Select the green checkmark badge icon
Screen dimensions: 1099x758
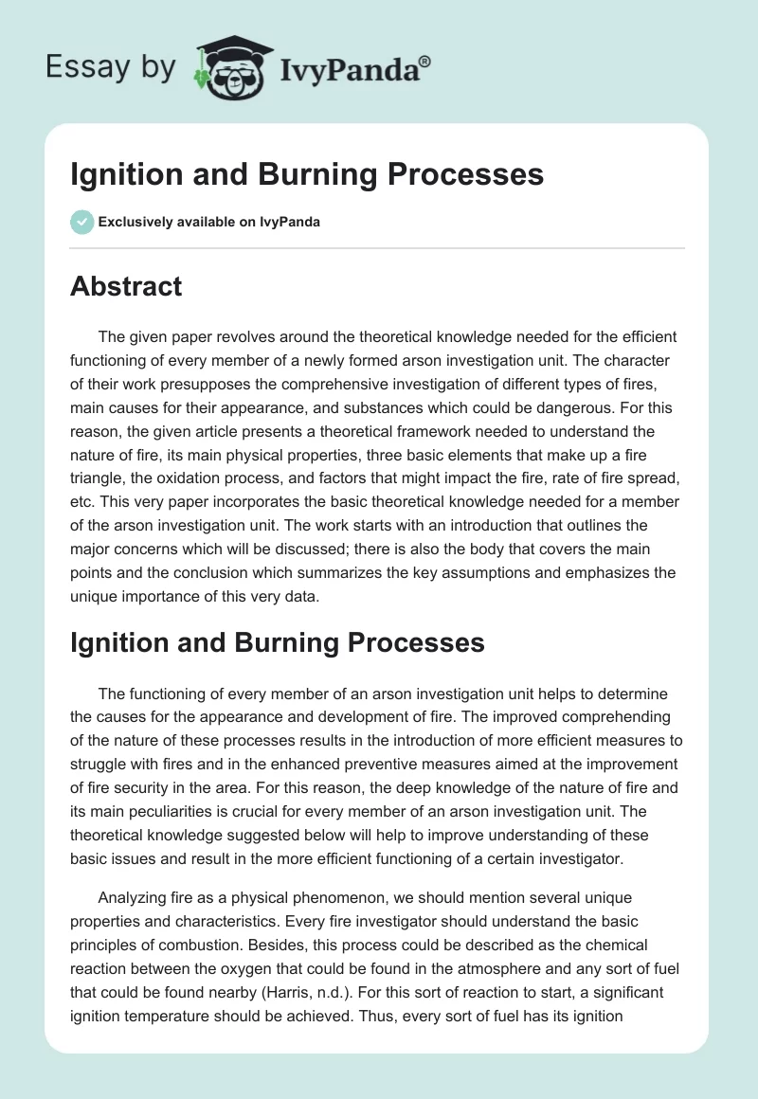[x=81, y=222]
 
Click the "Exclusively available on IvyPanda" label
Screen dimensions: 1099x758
[x=208, y=222]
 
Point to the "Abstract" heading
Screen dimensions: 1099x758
[x=126, y=286]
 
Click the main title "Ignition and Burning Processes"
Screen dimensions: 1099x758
[x=307, y=174]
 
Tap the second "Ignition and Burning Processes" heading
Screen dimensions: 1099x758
[x=278, y=642]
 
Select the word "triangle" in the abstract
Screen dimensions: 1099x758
[x=99, y=455]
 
